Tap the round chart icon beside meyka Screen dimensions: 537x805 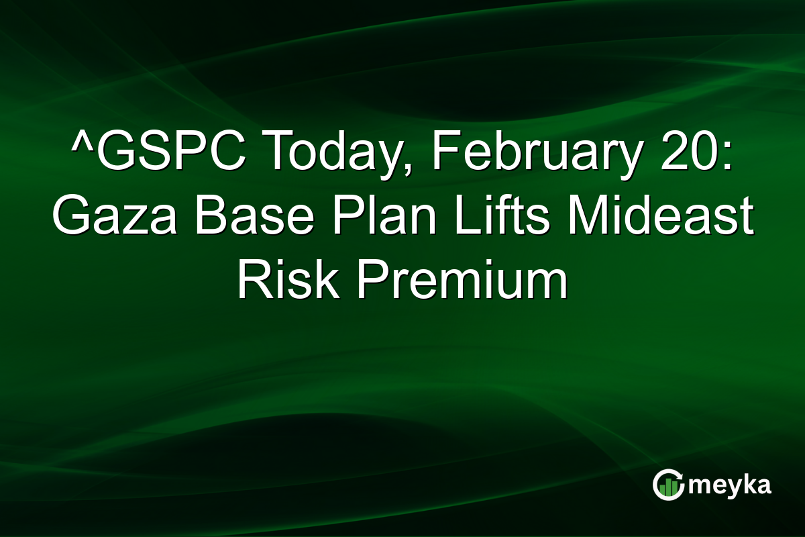coord(669,485)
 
